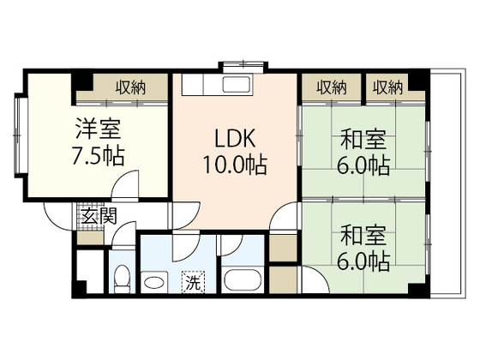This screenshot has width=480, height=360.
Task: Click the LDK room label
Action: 235,139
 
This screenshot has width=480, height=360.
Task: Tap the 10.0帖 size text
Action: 235,165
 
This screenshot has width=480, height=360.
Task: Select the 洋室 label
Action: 98,129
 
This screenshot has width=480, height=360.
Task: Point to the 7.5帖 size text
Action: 98,156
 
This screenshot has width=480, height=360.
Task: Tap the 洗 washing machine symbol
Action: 194,282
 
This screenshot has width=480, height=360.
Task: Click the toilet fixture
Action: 122,279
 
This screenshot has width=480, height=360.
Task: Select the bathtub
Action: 243,279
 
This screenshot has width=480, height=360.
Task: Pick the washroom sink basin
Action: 154,282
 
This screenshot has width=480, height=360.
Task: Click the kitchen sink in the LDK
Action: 237,84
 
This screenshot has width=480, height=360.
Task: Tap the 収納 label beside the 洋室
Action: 130,87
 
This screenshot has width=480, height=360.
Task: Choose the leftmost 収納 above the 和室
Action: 332,87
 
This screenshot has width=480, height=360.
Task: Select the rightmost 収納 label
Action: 387,87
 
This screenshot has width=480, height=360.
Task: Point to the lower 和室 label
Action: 363,235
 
